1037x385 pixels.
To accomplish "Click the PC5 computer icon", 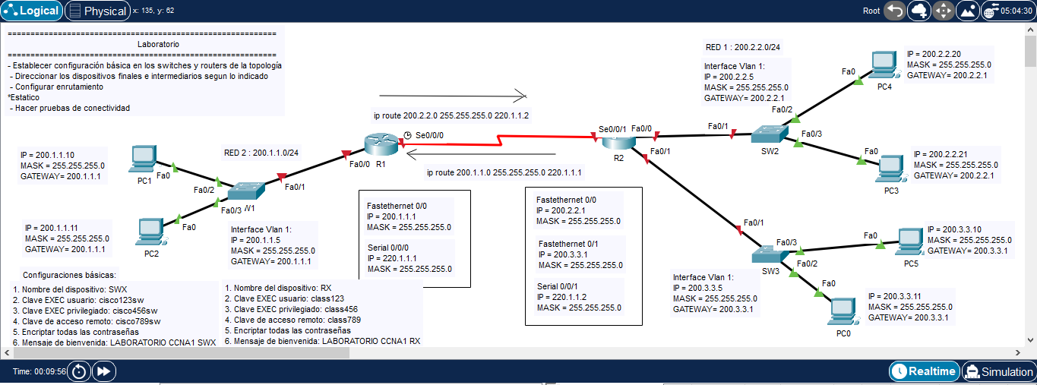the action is click(x=909, y=241).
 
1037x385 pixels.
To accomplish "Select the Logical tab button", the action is click(x=33, y=11).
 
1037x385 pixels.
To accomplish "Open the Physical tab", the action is click(x=97, y=11).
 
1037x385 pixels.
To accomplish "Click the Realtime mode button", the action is click(x=924, y=371).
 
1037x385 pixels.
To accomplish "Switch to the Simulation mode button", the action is click(x=999, y=371).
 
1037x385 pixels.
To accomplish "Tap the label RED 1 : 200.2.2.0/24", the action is click(x=743, y=47).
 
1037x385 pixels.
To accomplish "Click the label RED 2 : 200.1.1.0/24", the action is click(x=261, y=152).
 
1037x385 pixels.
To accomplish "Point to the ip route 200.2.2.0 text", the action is click(x=451, y=115).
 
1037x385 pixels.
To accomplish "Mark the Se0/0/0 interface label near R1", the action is click(x=429, y=134).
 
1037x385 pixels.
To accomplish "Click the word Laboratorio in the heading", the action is click(x=158, y=44).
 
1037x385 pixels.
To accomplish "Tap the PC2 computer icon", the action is click(x=150, y=230).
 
